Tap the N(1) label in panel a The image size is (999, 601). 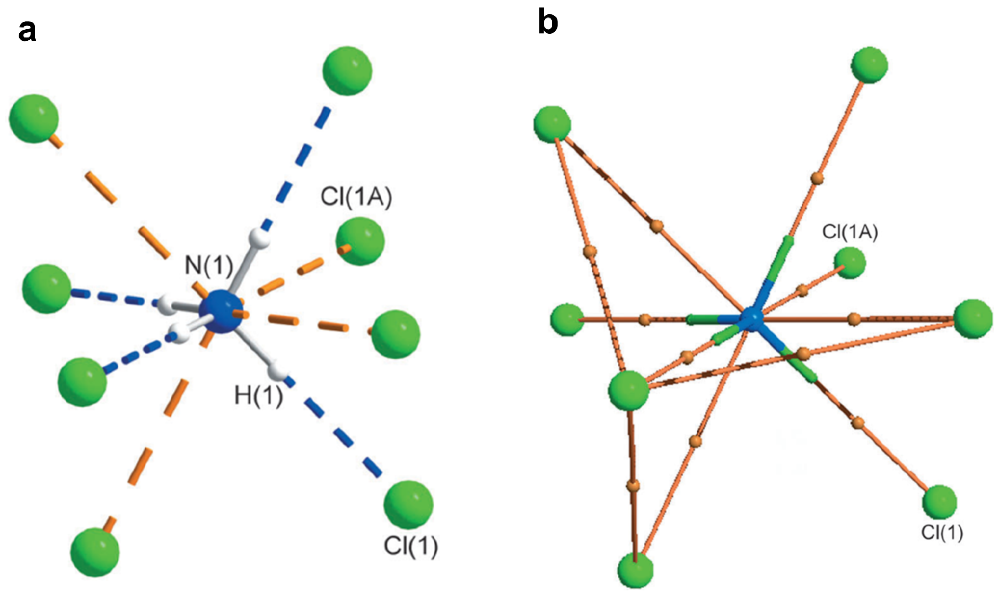click(209, 266)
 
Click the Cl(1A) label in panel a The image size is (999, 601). click(356, 198)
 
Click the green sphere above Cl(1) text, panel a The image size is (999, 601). click(408, 504)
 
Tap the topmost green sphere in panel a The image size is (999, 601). click(347, 71)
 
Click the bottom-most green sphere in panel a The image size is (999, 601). click(95, 552)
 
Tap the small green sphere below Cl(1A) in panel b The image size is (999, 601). click(850, 263)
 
